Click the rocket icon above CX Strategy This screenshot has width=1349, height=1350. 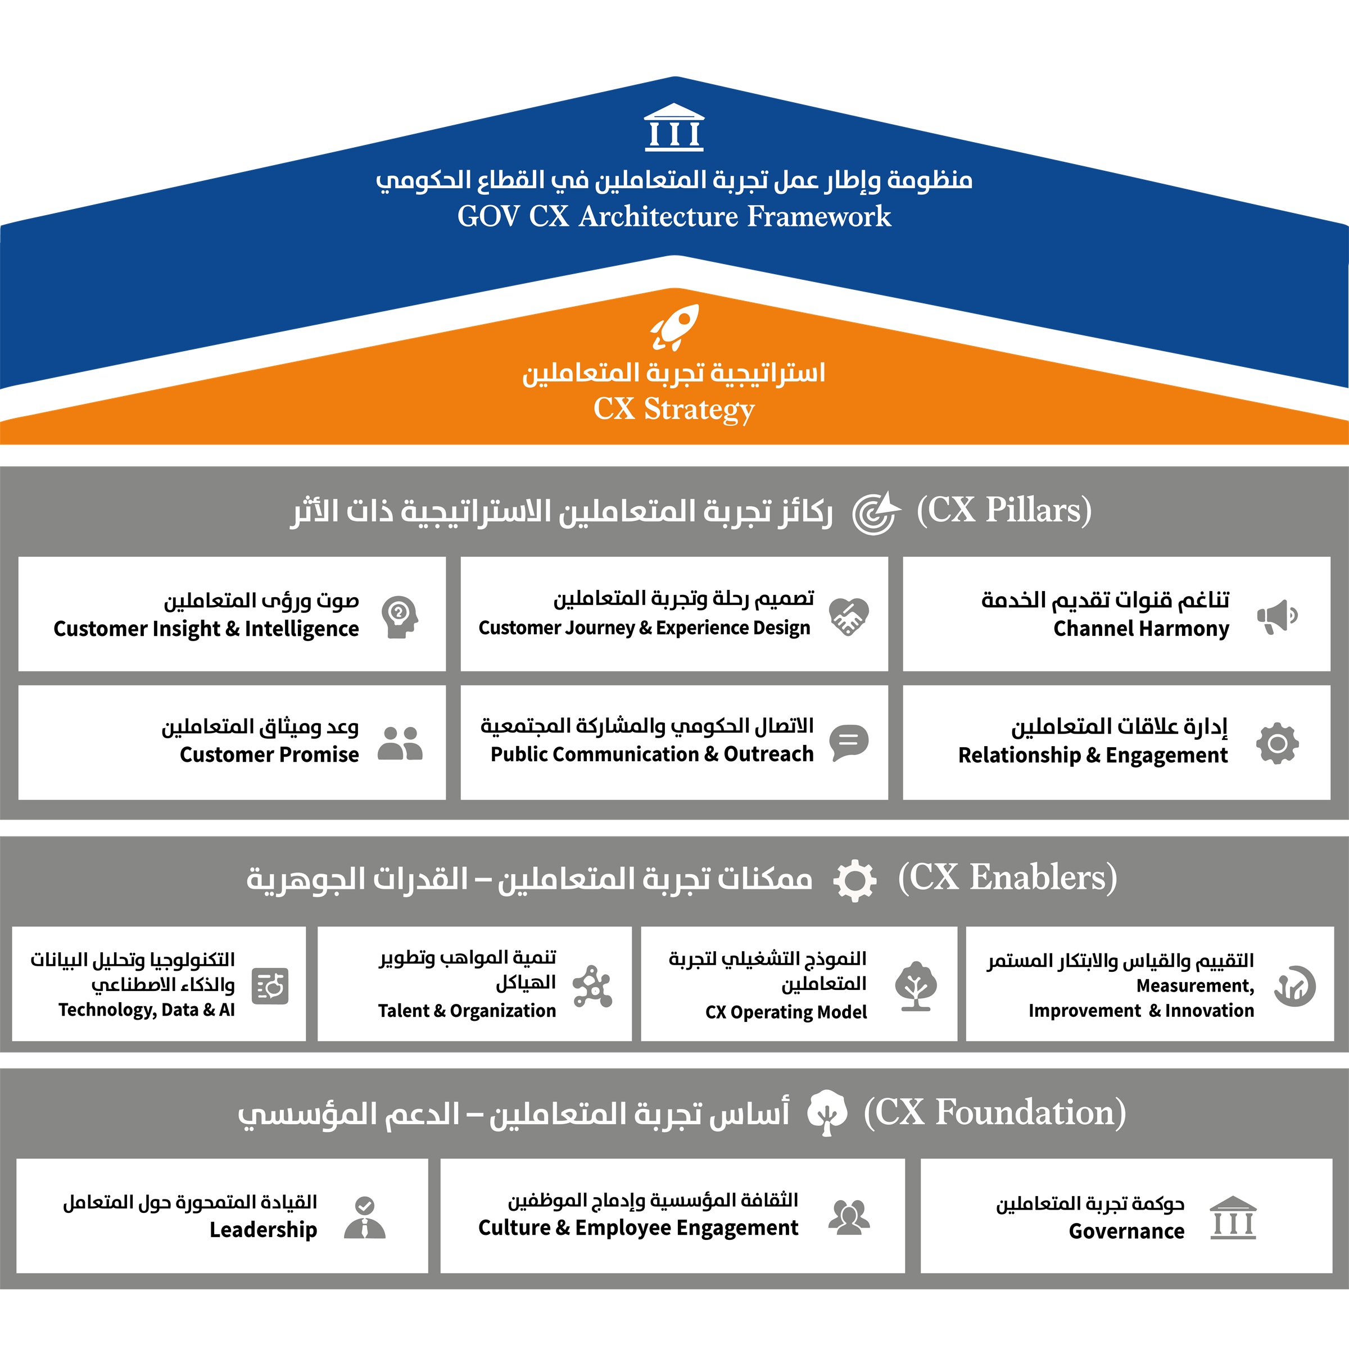[674, 327]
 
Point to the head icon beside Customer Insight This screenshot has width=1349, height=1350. [400, 616]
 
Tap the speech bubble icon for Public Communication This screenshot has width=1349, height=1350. [849, 742]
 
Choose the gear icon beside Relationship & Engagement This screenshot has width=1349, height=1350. [1277, 743]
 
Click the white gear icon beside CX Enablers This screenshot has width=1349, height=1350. [855, 880]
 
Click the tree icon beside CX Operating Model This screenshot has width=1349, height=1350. [916, 986]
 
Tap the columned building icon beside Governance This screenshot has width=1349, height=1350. [1233, 1218]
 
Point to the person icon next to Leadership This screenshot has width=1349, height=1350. [365, 1218]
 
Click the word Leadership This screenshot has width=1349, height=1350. [264, 1230]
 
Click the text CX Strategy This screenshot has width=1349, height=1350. [674, 409]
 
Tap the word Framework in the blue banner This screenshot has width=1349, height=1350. [819, 217]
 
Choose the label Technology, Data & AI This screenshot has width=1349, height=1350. [147, 1010]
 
